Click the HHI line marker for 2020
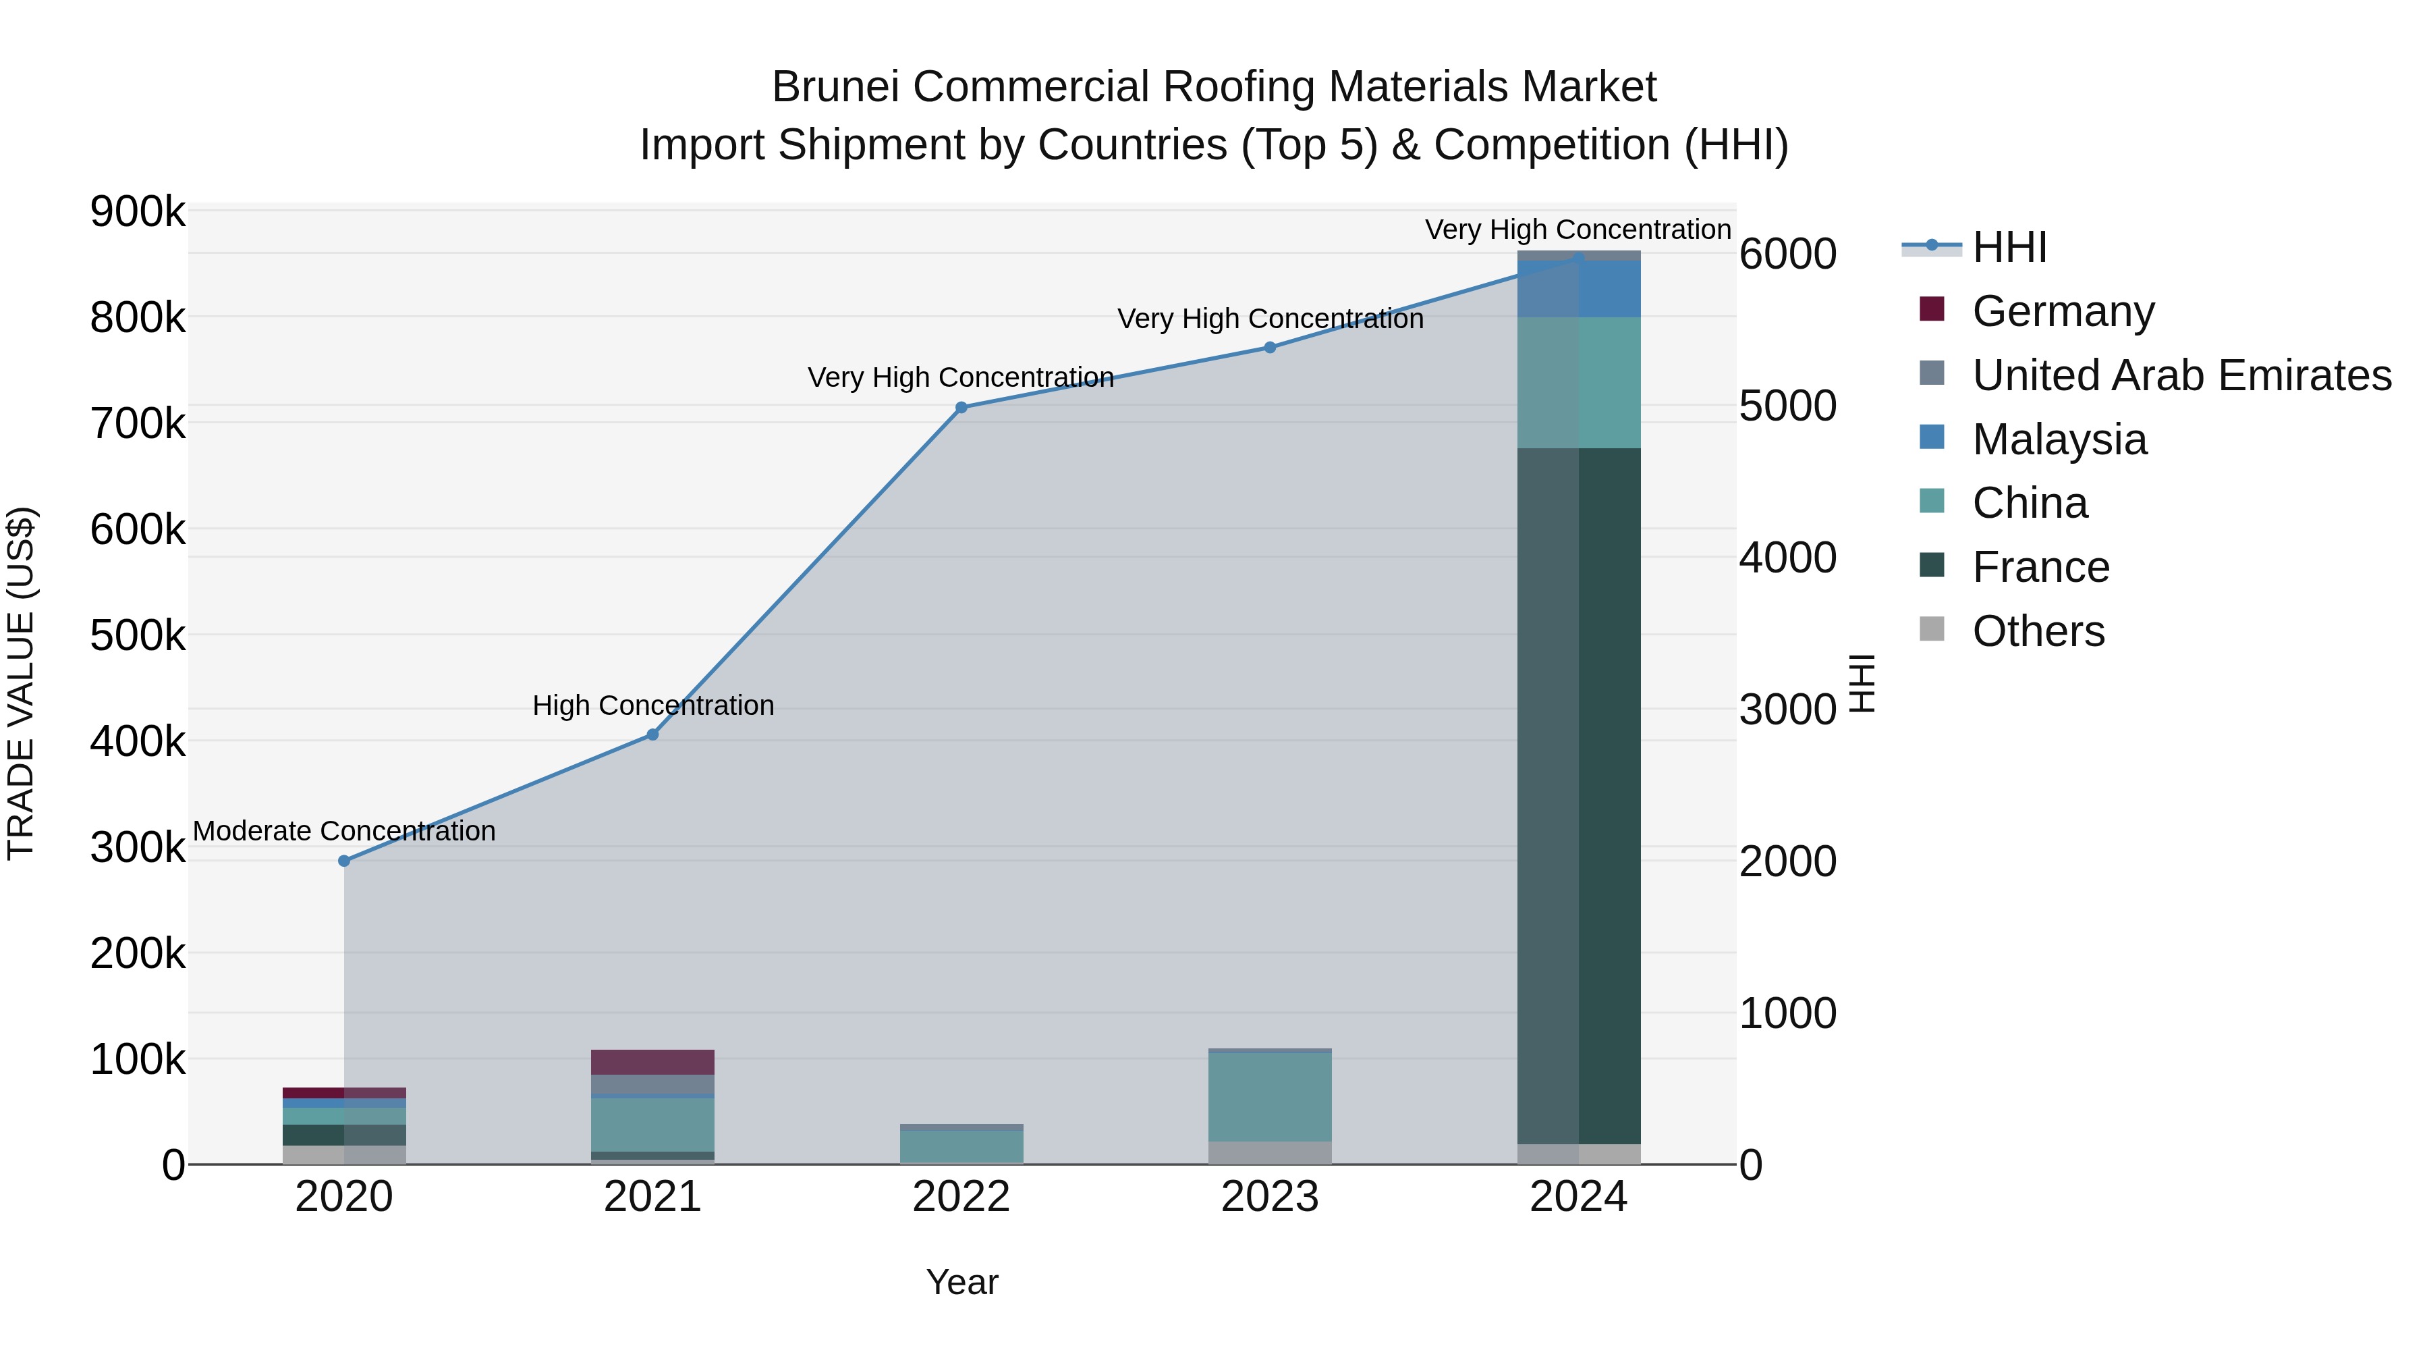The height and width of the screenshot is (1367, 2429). coord(344,861)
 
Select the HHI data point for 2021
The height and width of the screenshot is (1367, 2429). coord(652,734)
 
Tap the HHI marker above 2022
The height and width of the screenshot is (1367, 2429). coord(961,408)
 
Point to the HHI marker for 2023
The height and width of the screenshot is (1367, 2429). coord(1269,347)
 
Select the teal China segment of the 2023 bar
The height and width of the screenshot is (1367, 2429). coord(1269,1096)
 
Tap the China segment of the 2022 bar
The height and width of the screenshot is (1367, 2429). coord(961,1146)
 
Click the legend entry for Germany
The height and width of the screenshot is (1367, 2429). coord(2063,311)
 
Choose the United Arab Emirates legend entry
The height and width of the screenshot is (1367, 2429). coord(2181,375)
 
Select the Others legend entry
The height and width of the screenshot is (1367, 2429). coord(2038,631)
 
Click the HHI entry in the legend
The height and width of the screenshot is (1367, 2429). coord(2009,247)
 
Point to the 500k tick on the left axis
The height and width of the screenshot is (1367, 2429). coord(138,636)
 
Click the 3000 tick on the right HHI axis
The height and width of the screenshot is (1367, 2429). coord(1787,709)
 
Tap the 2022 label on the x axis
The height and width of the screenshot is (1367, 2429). coord(961,1197)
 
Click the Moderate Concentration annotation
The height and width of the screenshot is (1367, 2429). coord(344,831)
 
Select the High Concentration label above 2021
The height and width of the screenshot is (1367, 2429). coord(652,705)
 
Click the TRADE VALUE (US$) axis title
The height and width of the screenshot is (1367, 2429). coord(22,683)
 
